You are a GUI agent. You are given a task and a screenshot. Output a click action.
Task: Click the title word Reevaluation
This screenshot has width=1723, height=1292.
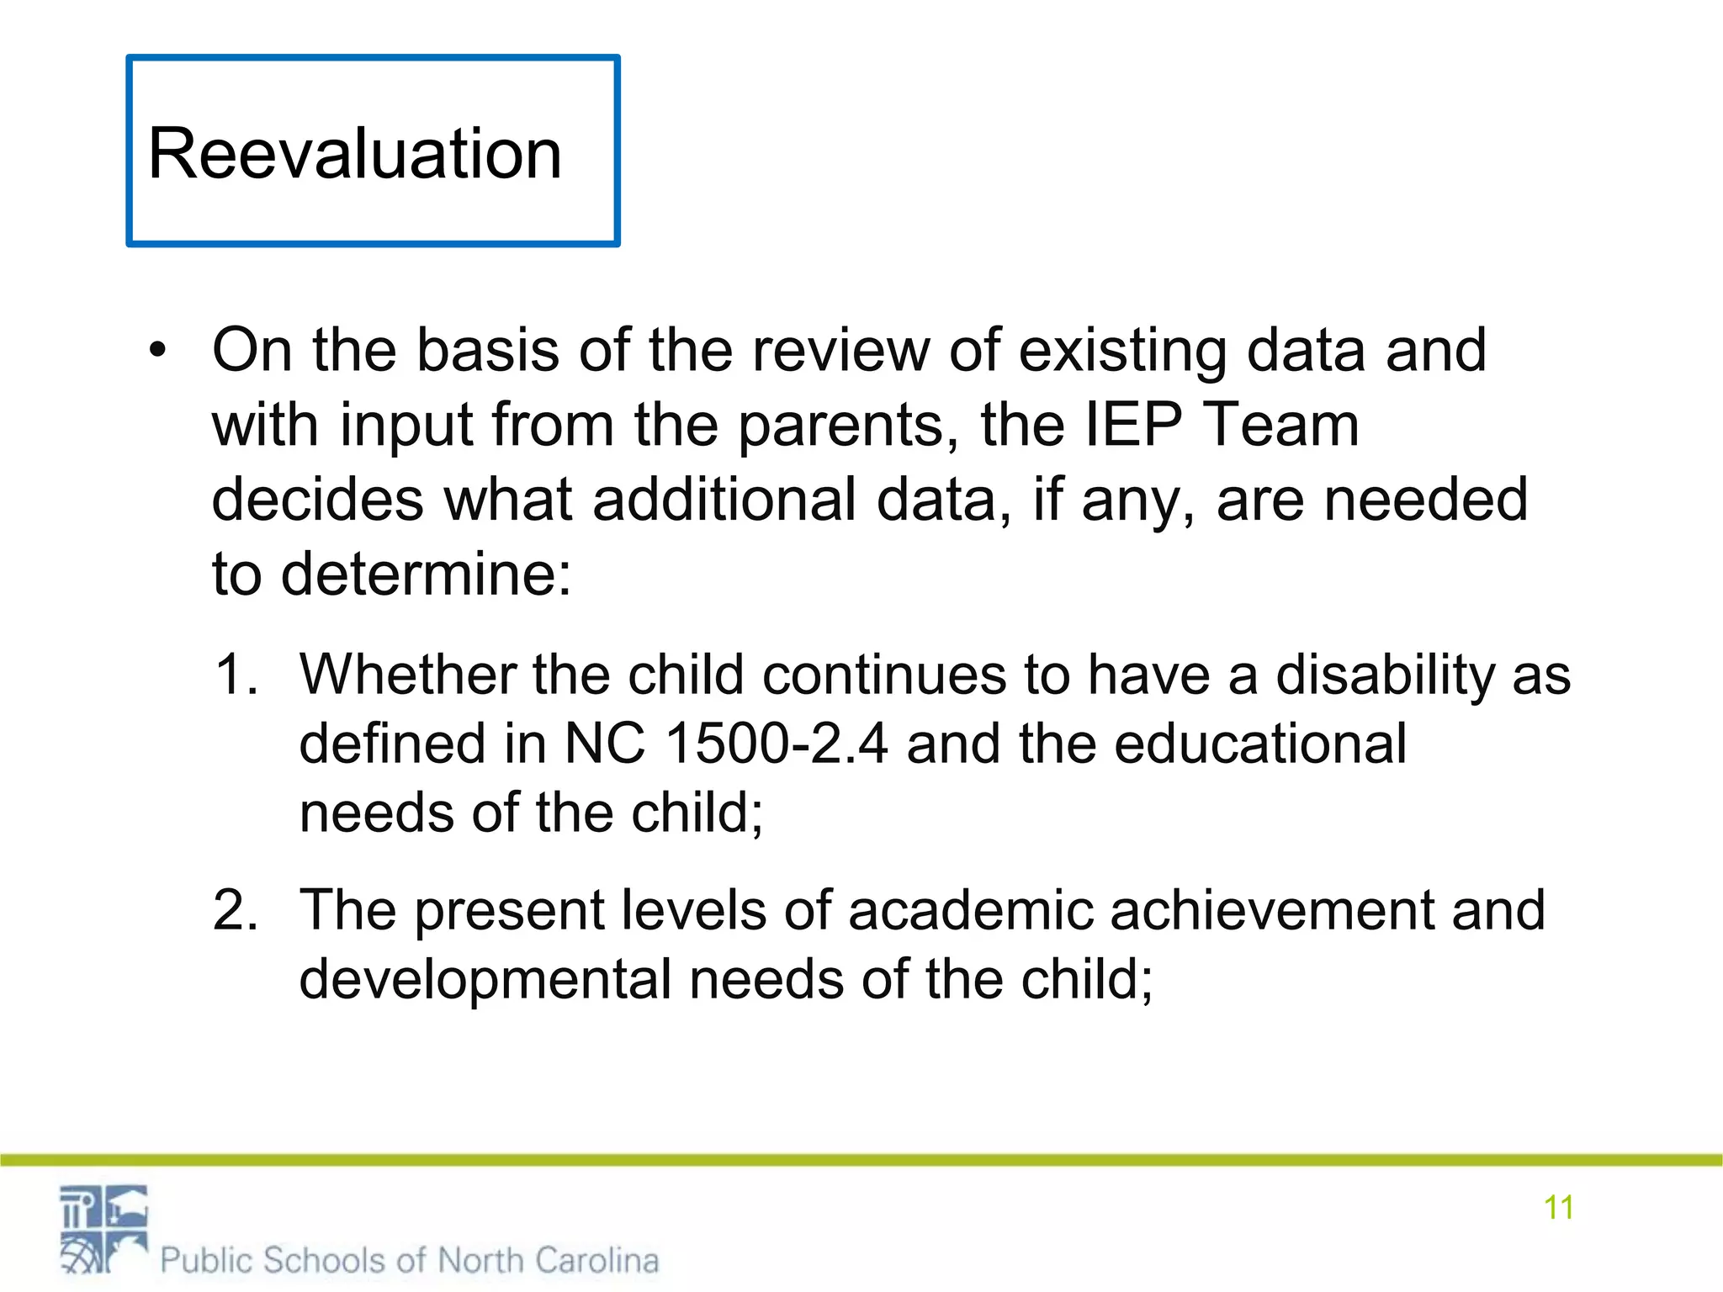coord(354,154)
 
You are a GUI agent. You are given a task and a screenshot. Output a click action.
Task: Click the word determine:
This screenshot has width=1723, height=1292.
coord(426,575)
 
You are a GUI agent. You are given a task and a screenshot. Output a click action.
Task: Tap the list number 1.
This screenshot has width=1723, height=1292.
coord(235,675)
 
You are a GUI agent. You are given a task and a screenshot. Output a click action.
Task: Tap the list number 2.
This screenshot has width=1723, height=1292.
coord(235,910)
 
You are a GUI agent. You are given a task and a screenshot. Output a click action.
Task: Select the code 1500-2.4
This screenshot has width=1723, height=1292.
coord(776,744)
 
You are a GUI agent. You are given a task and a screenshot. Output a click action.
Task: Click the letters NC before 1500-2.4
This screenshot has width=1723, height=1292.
coord(604,744)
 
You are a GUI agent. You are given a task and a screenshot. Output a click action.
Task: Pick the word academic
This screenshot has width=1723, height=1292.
coord(968,911)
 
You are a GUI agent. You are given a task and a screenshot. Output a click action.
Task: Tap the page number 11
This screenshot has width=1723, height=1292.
coord(1558,1208)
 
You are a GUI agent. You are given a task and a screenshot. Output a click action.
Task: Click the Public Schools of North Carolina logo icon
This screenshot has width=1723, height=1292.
coord(103,1229)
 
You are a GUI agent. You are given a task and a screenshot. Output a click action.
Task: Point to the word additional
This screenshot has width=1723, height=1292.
coord(724,500)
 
